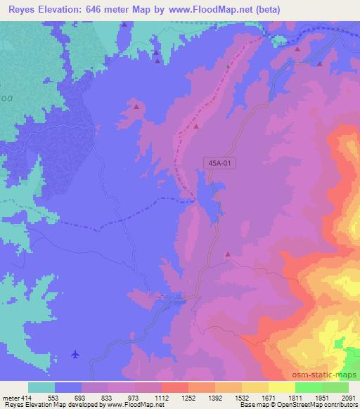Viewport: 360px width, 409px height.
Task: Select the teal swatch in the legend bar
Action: click(41, 388)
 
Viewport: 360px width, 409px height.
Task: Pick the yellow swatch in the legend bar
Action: click(281, 388)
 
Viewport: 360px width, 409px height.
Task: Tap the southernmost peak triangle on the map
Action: click(227, 254)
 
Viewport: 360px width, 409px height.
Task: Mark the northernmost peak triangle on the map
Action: click(124, 25)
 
